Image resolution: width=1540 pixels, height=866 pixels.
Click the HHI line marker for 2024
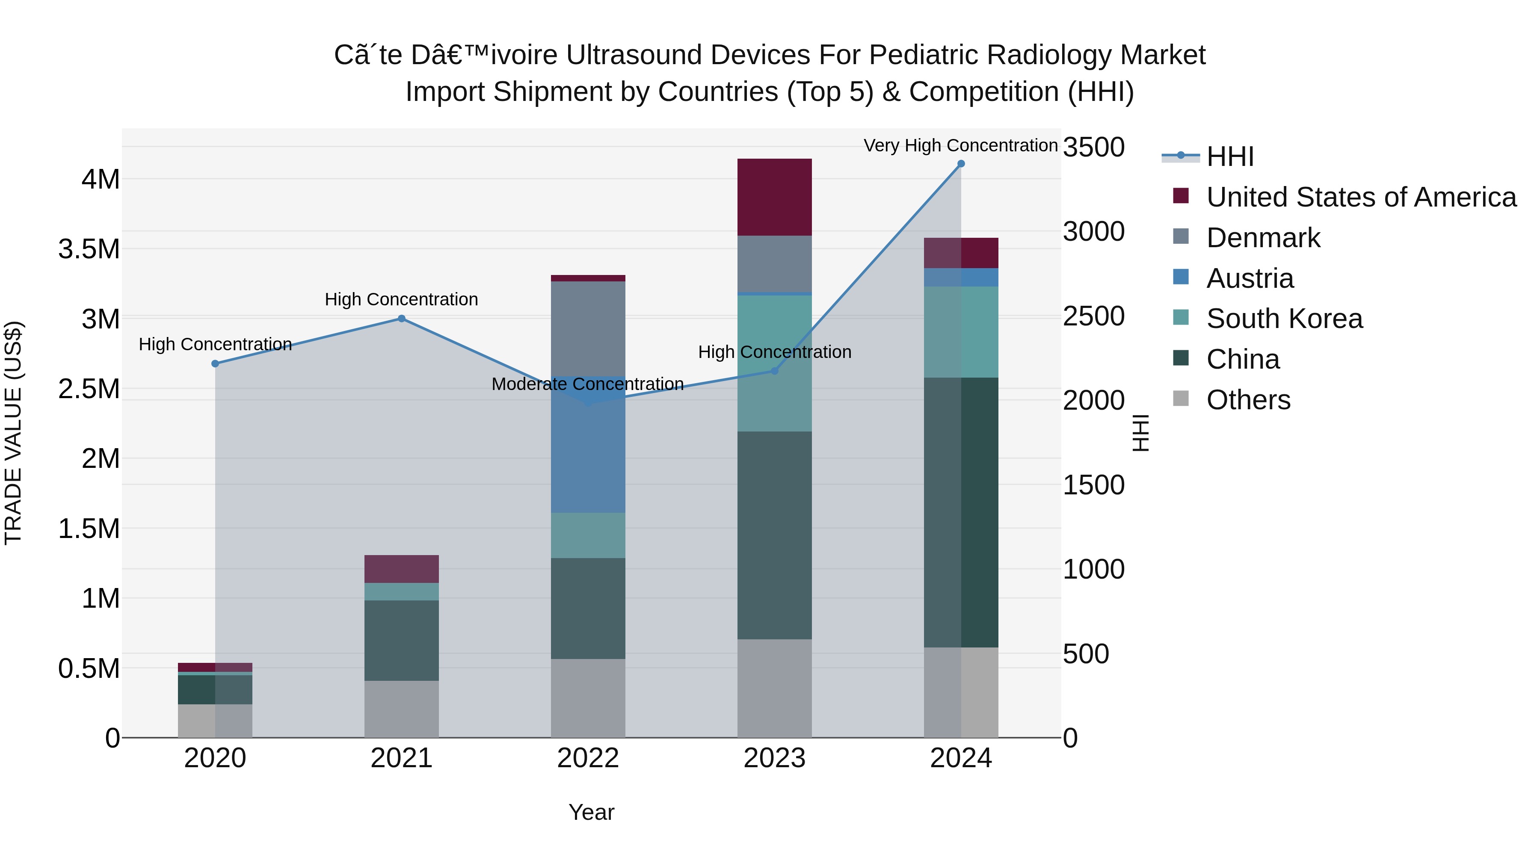click(961, 164)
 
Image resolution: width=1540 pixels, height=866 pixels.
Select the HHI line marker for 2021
click(402, 319)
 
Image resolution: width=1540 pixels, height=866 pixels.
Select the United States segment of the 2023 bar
click(774, 197)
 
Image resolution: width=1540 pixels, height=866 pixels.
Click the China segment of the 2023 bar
click(774, 535)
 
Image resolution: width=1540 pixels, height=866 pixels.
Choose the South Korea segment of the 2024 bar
click(961, 332)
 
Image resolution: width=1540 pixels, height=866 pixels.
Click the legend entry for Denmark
click(1263, 238)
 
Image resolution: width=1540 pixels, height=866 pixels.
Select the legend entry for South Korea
click(1284, 319)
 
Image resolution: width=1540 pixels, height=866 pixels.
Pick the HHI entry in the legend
click(1230, 157)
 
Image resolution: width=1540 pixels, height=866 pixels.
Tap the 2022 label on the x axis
click(588, 758)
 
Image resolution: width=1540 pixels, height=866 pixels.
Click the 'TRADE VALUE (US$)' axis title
click(13, 433)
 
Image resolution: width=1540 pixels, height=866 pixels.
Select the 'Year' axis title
click(591, 812)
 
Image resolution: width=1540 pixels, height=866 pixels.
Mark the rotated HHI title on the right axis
click(1140, 433)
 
